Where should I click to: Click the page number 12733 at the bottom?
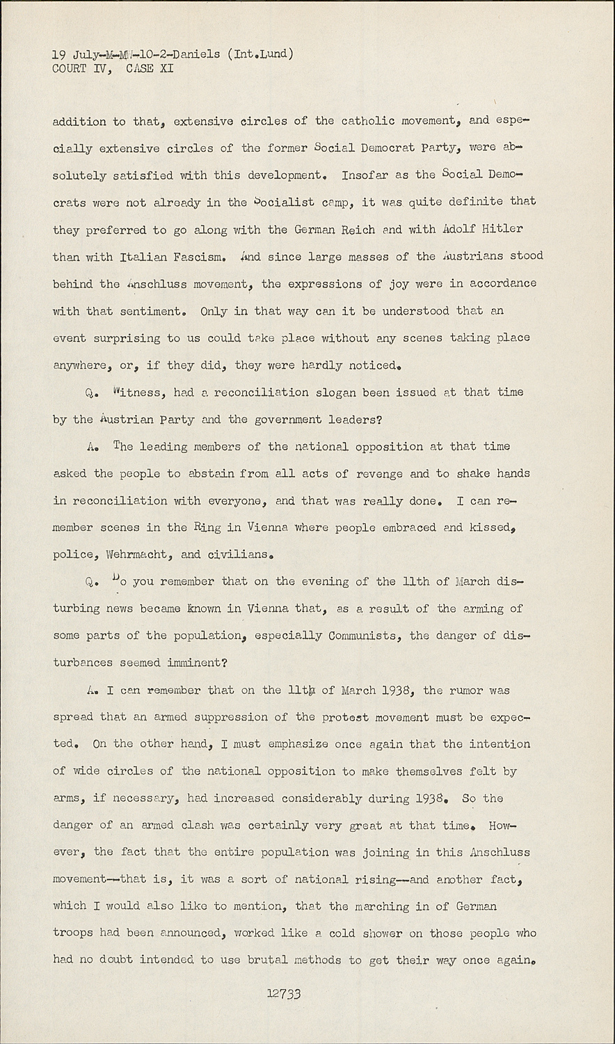point(283,995)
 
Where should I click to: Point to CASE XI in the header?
point(149,68)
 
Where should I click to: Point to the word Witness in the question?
point(138,393)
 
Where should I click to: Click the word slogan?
point(345,393)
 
